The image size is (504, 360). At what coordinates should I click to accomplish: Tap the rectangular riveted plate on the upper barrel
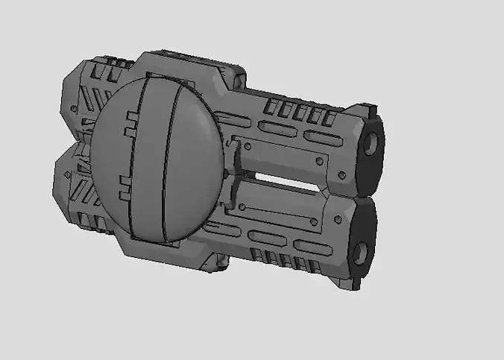[283, 156]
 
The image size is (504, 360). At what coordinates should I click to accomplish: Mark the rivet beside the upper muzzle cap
[341, 174]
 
